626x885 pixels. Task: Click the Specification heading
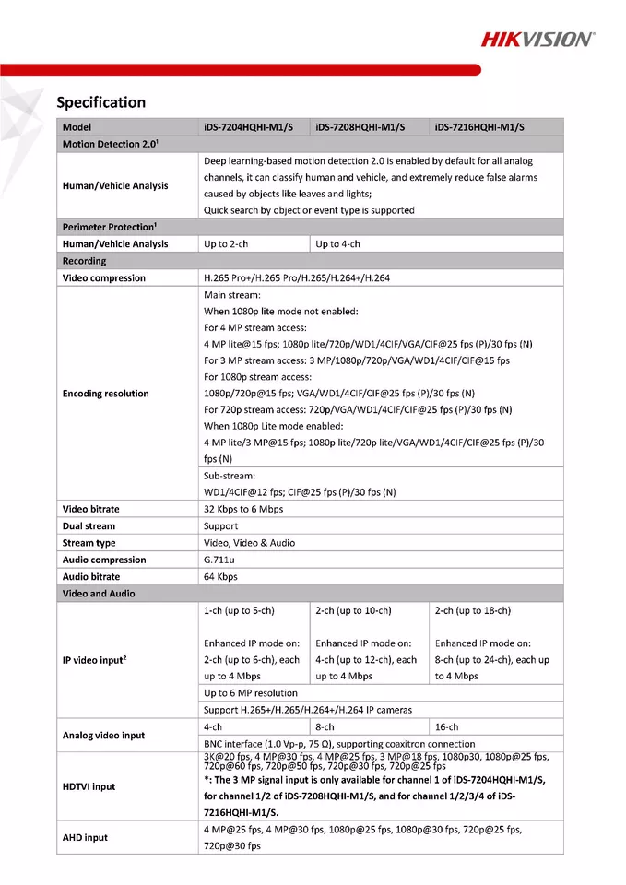point(101,102)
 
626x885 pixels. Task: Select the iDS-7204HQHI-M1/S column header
point(248,127)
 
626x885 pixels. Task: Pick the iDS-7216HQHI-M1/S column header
point(479,127)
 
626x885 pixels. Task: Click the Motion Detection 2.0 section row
point(112,144)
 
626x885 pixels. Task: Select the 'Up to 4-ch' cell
point(337,244)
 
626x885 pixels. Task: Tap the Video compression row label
point(104,277)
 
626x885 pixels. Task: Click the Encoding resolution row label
point(105,394)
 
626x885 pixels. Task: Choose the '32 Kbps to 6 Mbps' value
point(243,509)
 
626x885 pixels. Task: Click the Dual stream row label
point(89,526)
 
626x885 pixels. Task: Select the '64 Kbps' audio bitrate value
point(220,577)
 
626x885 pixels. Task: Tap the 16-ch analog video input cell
point(447,726)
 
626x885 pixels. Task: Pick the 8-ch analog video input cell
point(326,726)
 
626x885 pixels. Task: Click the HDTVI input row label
point(89,786)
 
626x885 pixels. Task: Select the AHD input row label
point(85,837)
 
